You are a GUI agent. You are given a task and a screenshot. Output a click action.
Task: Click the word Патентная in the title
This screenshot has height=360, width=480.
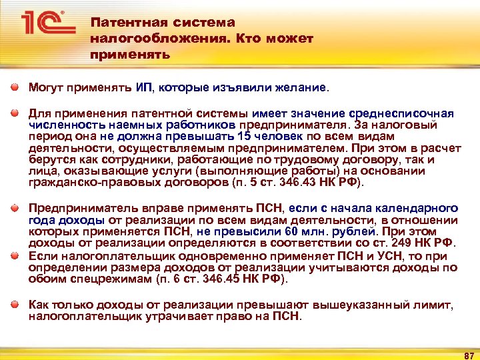[124, 23]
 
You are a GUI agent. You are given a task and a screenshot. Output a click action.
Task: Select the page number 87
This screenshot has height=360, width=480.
[467, 351]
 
